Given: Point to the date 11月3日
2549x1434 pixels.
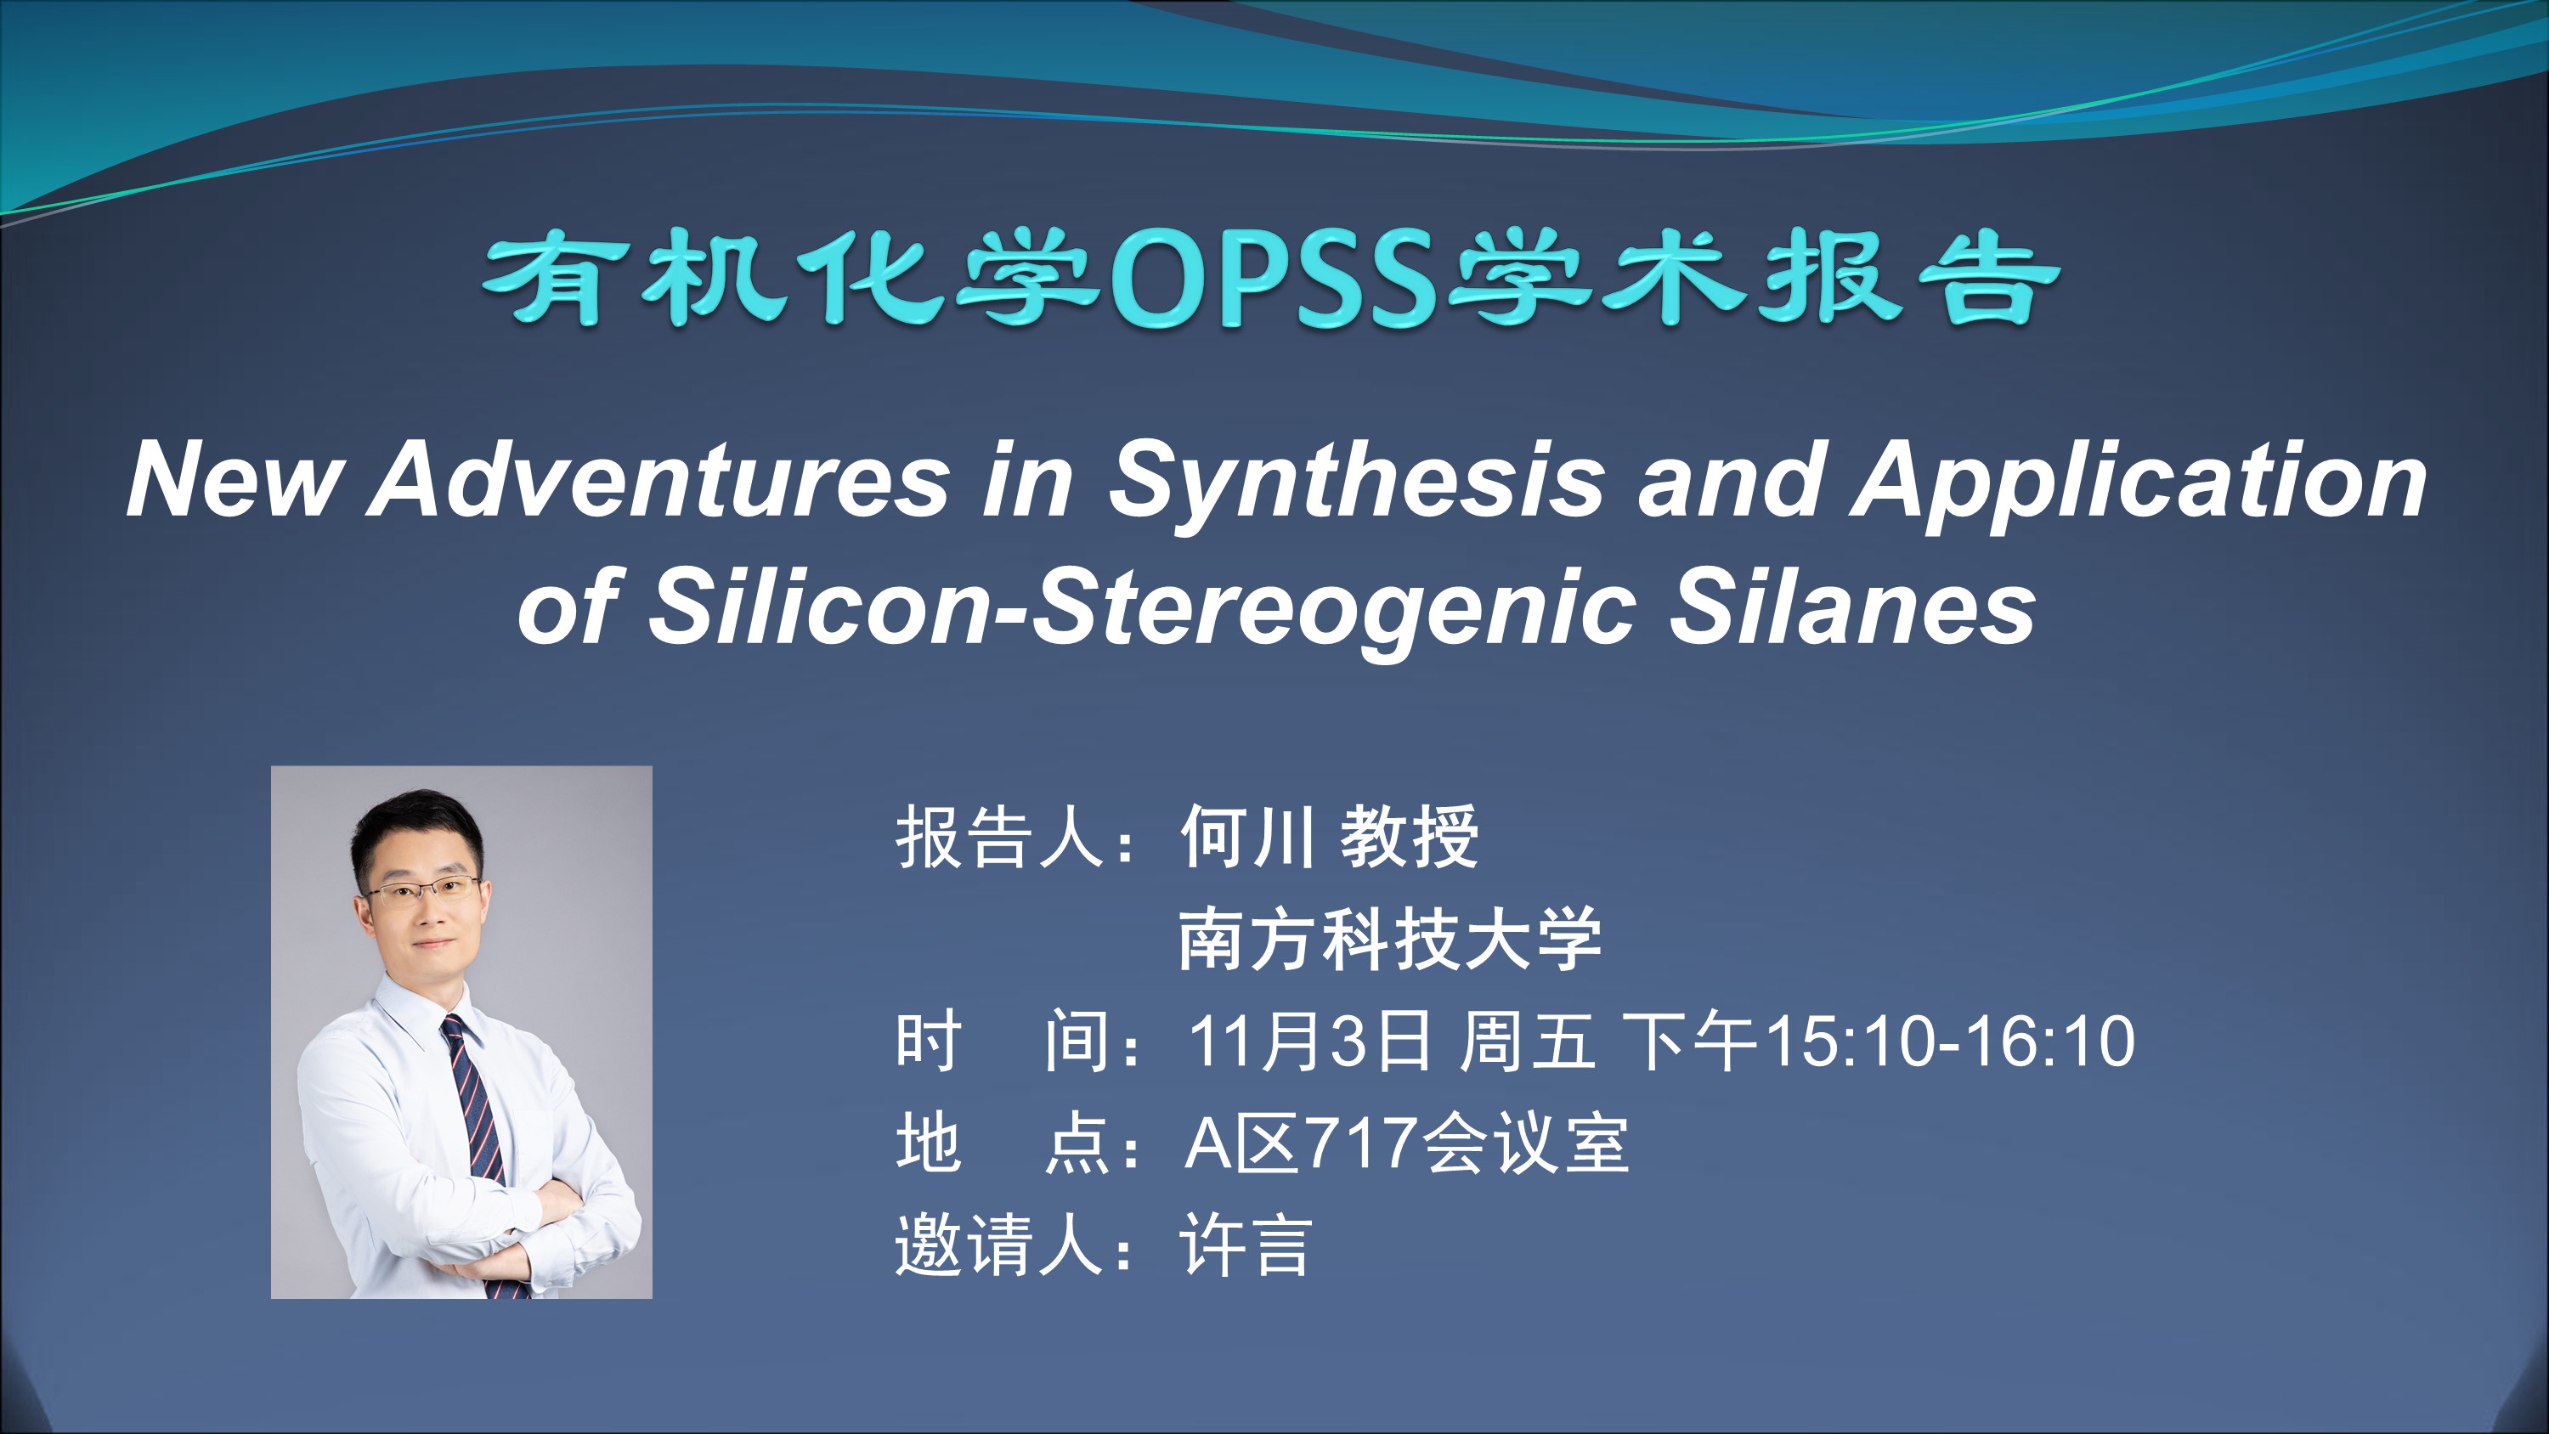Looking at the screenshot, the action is pos(1309,1042).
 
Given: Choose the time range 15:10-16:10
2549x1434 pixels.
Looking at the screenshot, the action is pos(1950,1042).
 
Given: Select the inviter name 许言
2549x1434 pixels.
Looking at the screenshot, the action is pos(1246,1245).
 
